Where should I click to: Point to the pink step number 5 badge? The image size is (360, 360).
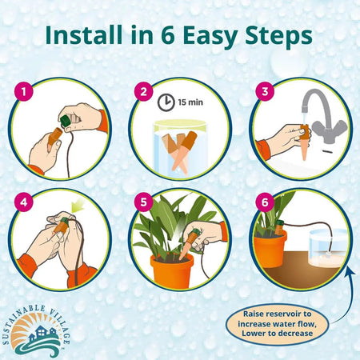(144, 202)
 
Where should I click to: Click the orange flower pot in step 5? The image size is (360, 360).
(171, 270)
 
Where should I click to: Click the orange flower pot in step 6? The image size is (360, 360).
(271, 248)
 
